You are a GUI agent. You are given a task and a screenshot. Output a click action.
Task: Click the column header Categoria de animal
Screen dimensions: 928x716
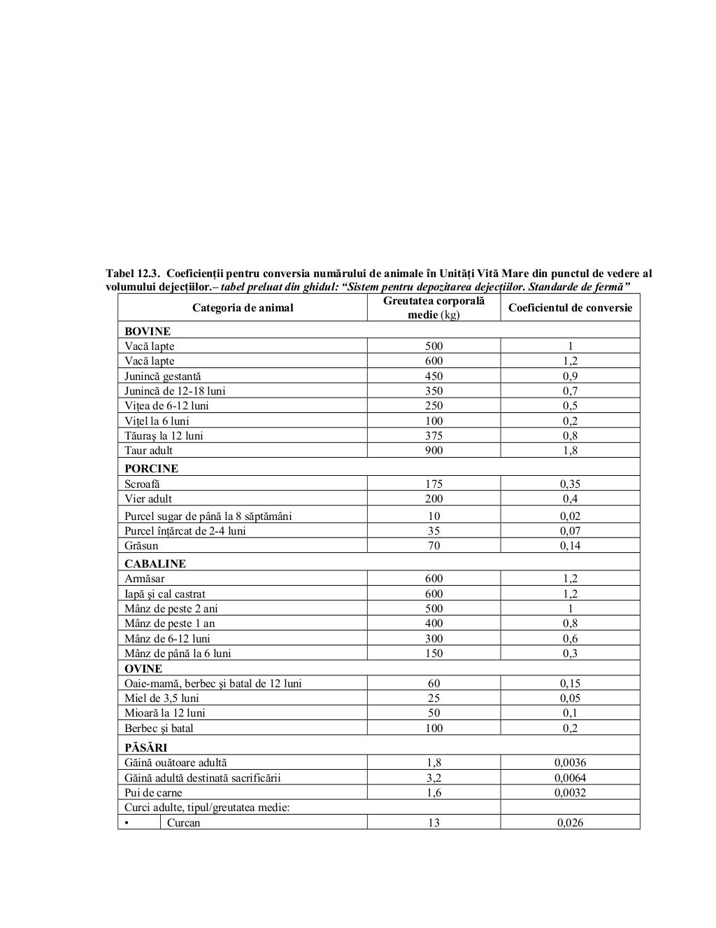(x=243, y=307)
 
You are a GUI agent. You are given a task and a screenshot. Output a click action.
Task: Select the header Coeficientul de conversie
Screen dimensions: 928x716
(x=570, y=307)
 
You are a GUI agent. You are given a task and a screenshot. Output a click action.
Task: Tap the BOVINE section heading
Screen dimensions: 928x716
(x=148, y=331)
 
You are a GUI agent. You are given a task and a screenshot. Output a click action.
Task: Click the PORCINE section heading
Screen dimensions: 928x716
(x=151, y=468)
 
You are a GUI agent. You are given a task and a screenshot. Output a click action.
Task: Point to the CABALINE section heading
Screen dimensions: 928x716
(x=155, y=563)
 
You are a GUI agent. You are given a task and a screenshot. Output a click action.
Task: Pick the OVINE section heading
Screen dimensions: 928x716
(x=143, y=668)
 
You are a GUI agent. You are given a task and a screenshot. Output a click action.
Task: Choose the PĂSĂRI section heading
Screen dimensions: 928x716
(x=145, y=747)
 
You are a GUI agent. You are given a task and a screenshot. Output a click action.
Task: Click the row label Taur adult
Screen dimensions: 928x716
(x=148, y=451)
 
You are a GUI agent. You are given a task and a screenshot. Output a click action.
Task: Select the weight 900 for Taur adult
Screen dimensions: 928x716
(x=434, y=451)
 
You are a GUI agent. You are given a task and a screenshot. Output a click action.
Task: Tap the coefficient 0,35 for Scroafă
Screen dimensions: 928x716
(x=570, y=484)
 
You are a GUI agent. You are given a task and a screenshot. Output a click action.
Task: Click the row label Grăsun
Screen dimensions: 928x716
(x=141, y=546)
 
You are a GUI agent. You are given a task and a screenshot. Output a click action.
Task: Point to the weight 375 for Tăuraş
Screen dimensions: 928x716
(x=434, y=435)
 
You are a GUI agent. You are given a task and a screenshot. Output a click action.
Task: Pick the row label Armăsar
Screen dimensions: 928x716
(x=147, y=579)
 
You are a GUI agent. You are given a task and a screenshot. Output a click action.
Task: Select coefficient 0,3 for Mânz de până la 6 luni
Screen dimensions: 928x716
(x=570, y=654)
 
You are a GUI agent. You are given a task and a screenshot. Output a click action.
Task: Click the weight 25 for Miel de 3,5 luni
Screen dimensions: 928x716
(x=434, y=698)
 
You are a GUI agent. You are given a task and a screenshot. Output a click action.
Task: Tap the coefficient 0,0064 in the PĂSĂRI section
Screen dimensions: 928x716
(x=570, y=778)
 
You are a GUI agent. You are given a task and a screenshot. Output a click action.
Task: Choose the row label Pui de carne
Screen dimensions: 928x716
(x=153, y=793)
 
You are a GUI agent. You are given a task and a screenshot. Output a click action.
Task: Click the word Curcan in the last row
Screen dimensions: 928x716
(x=183, y=823)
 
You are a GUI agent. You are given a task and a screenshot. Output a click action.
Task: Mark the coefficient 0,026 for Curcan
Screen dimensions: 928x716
(x=570, y=823)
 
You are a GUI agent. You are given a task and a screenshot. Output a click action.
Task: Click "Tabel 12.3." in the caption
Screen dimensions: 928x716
(x=133, y=273)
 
